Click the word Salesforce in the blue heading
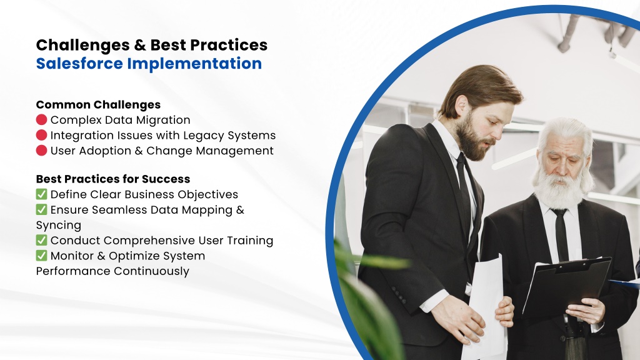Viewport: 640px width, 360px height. (x=79, y=64)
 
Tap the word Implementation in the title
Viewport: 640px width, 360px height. (x=194, y=64)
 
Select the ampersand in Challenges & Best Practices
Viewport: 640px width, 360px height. (x=139, y=45)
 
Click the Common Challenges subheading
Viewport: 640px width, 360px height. (x=98, y=105)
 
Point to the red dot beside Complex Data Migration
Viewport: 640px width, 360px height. (x=42, y=119)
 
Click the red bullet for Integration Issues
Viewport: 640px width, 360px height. (x=42, y=135)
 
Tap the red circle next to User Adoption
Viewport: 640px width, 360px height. (x=42, y=151)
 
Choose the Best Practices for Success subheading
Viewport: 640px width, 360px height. (x=113, y=179)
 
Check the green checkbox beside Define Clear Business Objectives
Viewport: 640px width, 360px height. (x=42, y=194)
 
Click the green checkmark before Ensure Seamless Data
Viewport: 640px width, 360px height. (x=42, y=209)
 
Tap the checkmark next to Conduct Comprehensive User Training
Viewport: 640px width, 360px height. (x=42, y=240)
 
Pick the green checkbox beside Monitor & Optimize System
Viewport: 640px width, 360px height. (x=42, y=256)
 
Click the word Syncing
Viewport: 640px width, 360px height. (x=59, y=226)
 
